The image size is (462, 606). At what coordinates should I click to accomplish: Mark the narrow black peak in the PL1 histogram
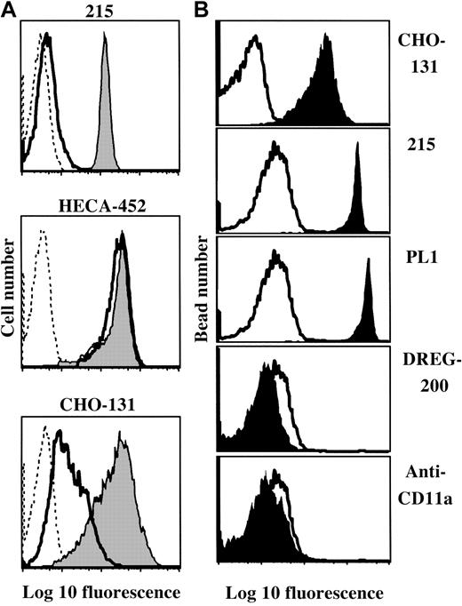(x=367, y=311)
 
